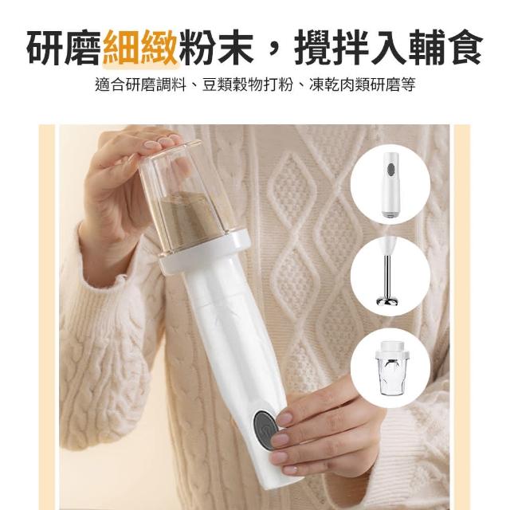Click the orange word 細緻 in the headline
pos(140,48)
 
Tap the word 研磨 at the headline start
pos(65,48)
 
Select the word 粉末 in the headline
pos(216,48)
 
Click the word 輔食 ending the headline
pos(445,48)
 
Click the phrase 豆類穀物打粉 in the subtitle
pos(248,85)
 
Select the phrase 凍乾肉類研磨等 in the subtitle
pos(363,85)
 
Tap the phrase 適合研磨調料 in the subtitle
pos(140,85)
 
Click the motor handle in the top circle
pos(390,184)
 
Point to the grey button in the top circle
pos(391,169)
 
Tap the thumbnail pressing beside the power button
pos(284,418)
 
